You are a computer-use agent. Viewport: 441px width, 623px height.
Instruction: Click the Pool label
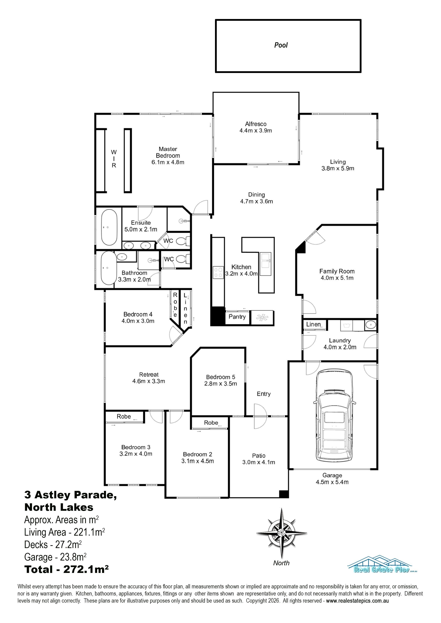[281, 45]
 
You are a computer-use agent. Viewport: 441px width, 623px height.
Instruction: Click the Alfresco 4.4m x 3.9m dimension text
[256, 131]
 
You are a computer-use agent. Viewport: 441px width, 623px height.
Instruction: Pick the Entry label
[264, 394]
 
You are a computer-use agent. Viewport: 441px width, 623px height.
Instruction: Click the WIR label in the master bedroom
[114, 158]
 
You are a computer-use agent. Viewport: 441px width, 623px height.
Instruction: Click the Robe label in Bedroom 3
[124, 416]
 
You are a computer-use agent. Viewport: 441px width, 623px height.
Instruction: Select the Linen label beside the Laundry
[314, 324]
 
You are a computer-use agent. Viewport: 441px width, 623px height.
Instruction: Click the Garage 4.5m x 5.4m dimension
[332, 482]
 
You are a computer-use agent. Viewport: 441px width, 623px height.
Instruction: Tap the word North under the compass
[281, 563]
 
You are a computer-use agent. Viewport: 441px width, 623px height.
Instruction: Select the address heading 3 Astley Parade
[71, 495]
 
